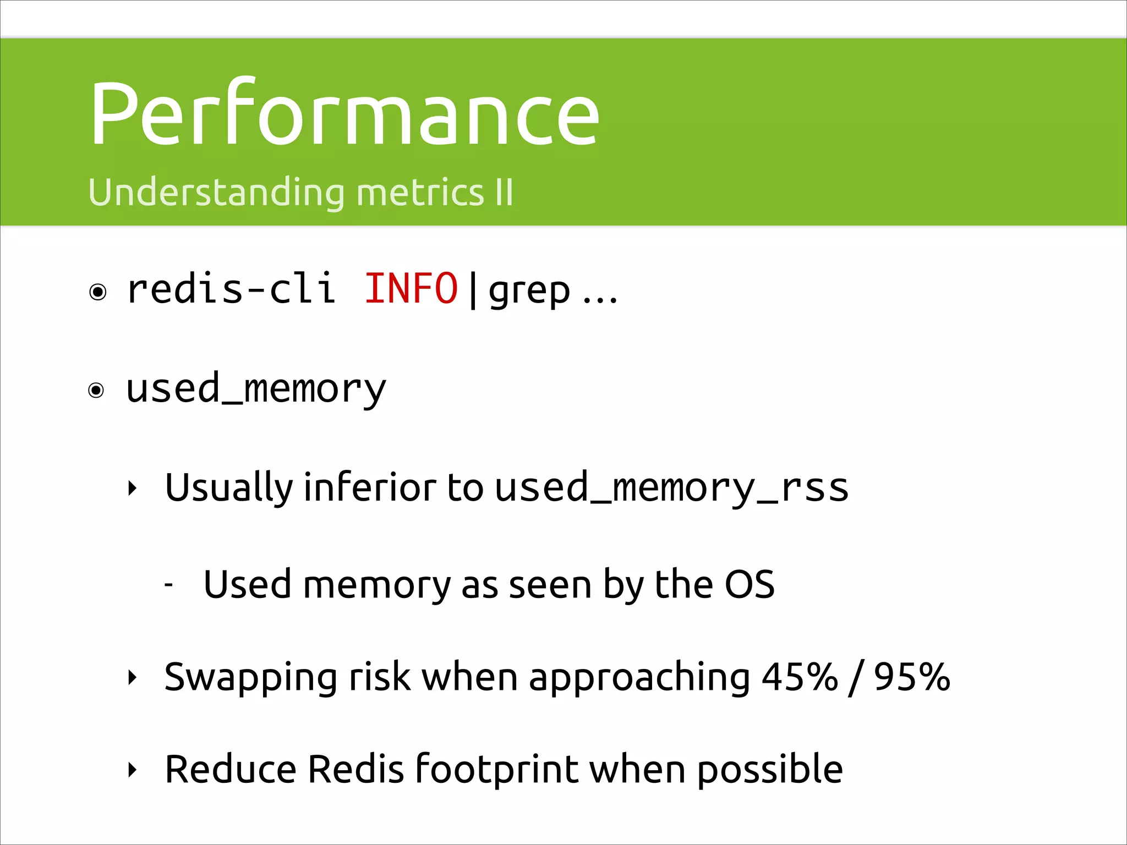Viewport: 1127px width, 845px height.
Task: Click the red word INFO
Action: pos(411,289)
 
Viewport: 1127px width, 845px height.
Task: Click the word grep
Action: pos(529,292)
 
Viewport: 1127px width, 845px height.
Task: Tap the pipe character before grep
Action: pos(473,290)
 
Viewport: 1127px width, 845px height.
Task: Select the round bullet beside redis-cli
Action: pos(98,292)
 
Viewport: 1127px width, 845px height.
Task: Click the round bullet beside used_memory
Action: pos(96,391)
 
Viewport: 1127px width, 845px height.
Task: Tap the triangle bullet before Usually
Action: pos(132,488)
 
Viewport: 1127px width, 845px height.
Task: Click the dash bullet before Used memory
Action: pos(169,585)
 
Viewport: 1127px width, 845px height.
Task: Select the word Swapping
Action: pos(250,678)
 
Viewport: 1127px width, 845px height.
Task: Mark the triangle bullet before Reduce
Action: pos(132,770)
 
